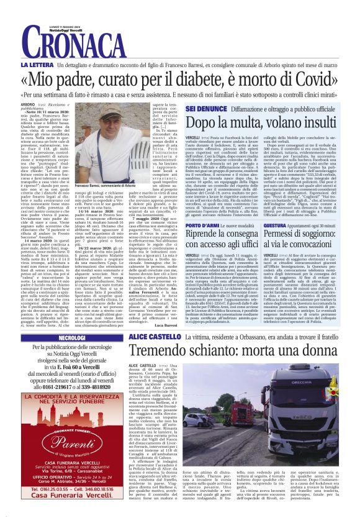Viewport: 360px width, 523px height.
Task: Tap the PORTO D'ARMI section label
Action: (200, 225)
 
